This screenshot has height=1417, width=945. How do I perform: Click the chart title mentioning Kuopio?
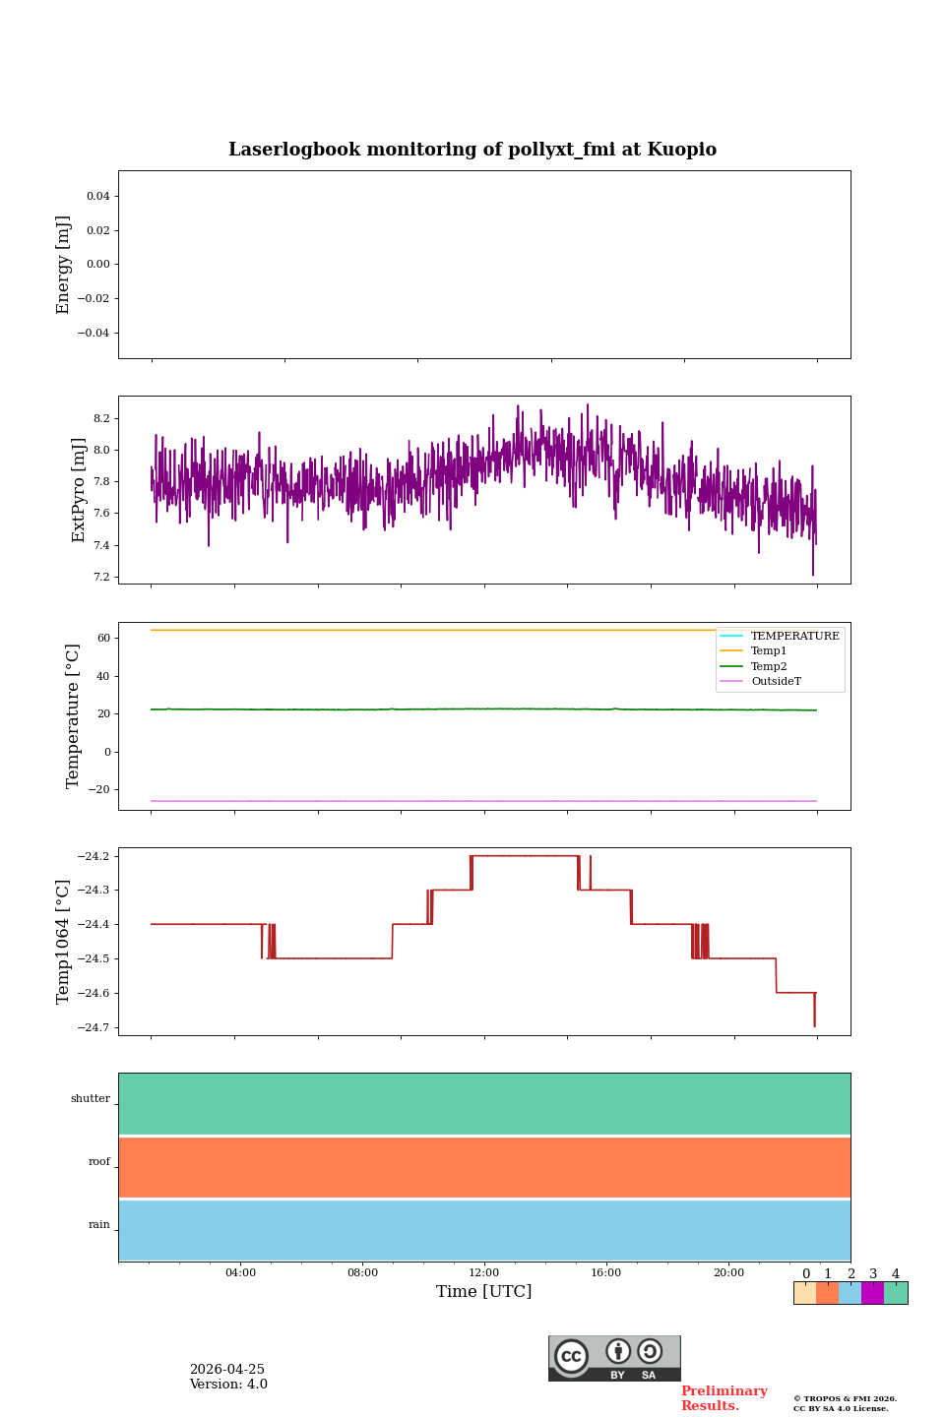click(472, 150)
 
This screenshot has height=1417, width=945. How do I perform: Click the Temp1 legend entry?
click(769, 651)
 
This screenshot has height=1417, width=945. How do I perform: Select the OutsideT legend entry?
click(776, 681)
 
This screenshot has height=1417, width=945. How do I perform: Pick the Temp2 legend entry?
click(769, 666)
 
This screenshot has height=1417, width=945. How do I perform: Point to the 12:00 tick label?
click(483, 1272)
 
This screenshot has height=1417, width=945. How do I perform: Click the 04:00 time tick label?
click(240, 1272)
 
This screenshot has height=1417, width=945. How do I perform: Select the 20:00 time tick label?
click(728, 1272)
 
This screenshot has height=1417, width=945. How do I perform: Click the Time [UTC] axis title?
click(483, 1292)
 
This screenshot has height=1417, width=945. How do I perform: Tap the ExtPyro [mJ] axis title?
click(78, 490)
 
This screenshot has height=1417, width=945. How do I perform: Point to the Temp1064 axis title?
click(62, 942)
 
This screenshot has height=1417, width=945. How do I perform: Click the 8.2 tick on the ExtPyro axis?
click(101, 419)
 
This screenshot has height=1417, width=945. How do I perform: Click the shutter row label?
click(91, 1099)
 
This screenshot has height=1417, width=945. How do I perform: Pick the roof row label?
click(99, 1161)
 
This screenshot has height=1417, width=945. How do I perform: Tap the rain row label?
click(99, 1225)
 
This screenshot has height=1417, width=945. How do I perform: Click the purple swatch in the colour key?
click(872, 1293)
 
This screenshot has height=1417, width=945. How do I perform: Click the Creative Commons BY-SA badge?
click(614, 1358)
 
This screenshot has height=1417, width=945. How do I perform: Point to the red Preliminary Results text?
click(724, 1398)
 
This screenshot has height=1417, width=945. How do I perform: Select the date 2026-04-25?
click(227, 1370)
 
